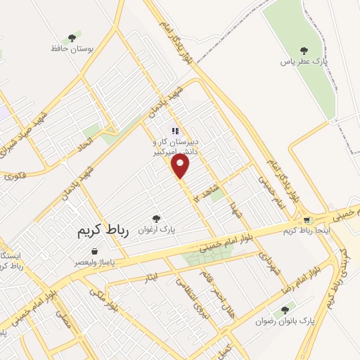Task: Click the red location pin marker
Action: pyautogui.click(x=181, y=166)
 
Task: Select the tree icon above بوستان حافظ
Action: pyautogui.click(x=71, y=38)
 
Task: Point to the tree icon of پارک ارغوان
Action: pyautogui.click(x=156, y=219)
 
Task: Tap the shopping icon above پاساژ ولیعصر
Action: pyautogui.click(x=94, y=251)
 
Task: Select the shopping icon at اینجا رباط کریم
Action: pyautogui.click(x=307, y=220)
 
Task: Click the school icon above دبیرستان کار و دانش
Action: pyautogui.click(x=175, y=130)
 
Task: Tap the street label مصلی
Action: pyautogui.click(x=63, y=324)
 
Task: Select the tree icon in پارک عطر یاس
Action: pyautogui.click(x=304, y=50)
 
